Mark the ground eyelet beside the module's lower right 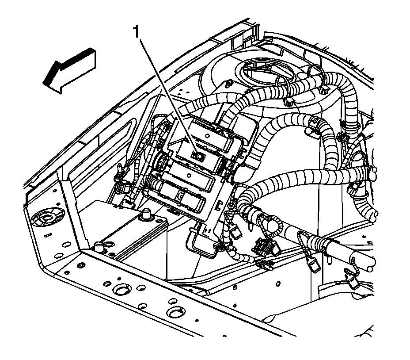[231, 204]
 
